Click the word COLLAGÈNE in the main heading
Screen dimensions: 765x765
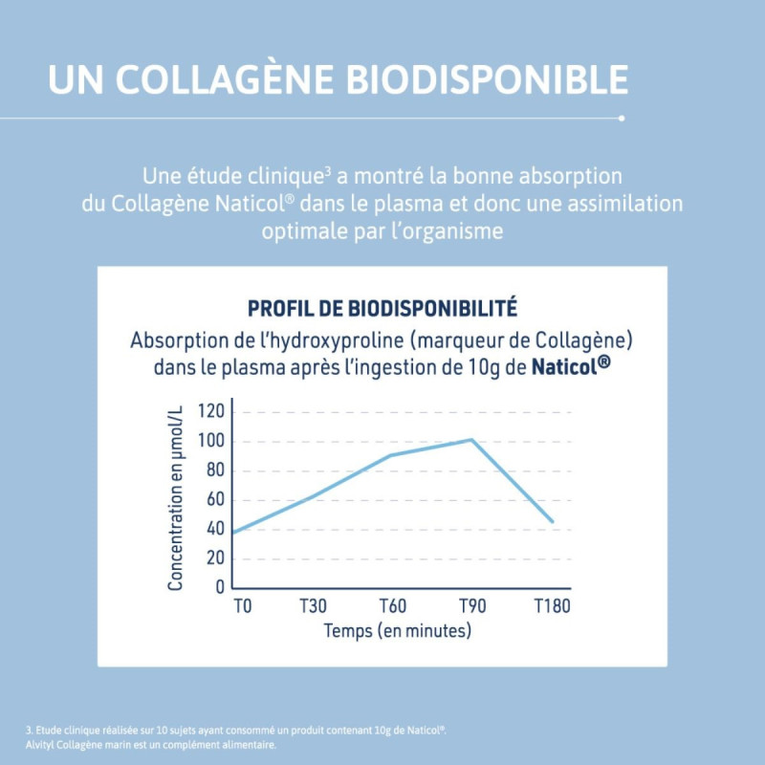(226, 78)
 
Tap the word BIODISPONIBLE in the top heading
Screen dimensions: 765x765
(487, 78)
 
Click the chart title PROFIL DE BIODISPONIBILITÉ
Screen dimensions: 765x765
(382, 308)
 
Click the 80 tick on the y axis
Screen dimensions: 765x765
(215, 470)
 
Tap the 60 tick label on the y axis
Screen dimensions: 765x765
(215, 500)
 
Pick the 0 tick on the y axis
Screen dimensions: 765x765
(220, 587)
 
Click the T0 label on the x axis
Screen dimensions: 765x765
(243, 606)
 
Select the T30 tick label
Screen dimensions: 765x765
(315, 606)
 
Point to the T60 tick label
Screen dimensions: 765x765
(393, 606)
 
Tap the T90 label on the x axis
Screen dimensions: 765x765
(471, 606)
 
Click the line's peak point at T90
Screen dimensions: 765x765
(471, 440)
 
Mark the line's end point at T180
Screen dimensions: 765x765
(553, 522)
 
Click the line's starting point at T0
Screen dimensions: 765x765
(232, 533)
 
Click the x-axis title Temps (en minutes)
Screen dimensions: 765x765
(397, 631)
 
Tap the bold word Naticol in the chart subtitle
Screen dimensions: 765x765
(572, 366)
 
